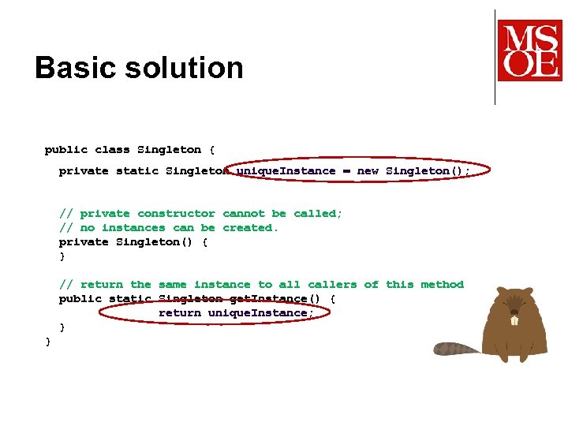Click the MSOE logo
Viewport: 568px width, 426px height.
click(529, 50)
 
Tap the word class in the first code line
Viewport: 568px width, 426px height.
click(112, 149)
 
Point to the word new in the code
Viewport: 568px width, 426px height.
click(368, 170)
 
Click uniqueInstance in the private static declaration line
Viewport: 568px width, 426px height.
click(286, 170)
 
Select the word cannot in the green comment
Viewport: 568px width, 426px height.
click(244, 213)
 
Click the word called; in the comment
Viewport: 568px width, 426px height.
click(318, 213)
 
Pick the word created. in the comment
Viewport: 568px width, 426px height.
click(251, 227)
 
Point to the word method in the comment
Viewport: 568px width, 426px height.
click(442, 284)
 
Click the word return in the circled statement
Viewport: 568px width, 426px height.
click(179, 312)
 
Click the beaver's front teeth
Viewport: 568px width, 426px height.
click(514, 320)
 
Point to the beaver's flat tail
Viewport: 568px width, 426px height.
click(458, 349)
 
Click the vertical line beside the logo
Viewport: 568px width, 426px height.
click(495, 57)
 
